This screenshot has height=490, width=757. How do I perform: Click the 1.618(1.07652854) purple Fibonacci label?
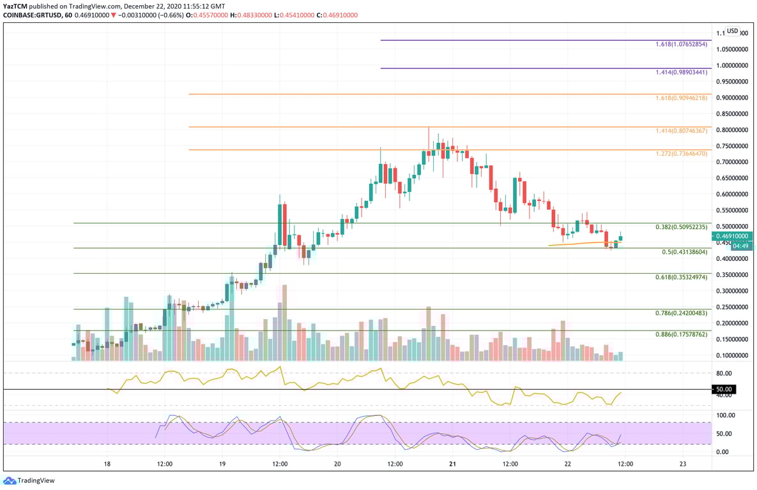[x=681, y=45]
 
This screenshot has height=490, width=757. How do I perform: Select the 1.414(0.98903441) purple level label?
[x=681, y=73]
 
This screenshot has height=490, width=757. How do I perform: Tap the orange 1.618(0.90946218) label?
[x=681, y=98]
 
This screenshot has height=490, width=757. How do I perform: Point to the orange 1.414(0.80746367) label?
[x=681, y=131]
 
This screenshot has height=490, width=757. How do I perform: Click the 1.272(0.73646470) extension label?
[x=681, y=154]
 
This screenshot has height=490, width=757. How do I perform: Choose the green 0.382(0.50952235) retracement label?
[x=681, y=227]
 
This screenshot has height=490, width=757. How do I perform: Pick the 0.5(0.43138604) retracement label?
[x=684, y=252]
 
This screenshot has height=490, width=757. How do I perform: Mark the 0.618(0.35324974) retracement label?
[x=681, y=278]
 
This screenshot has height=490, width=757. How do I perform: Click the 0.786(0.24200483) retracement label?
[x=681, y=313]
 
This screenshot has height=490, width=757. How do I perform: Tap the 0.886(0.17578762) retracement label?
[x=681, y=334]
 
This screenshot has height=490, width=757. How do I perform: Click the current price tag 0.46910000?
[x=733, y=236]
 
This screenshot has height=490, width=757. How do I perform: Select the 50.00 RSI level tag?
[x=724, y=389]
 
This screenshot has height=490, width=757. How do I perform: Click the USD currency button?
[x=732, y=31]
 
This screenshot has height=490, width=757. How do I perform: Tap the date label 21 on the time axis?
[x=452, y=464]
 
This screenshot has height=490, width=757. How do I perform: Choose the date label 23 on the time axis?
[x=683, y=464]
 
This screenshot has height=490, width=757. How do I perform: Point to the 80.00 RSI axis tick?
[x=724, y=373]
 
